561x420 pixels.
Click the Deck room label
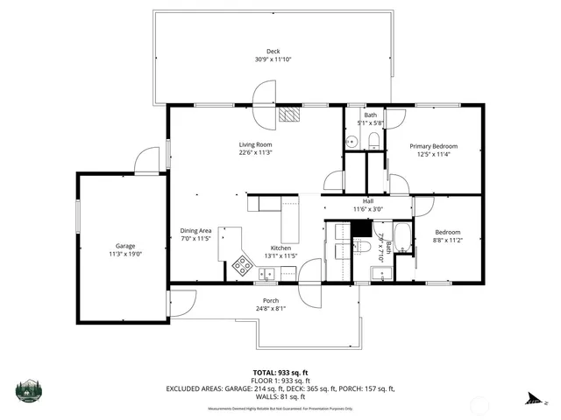click(x=273, y=51)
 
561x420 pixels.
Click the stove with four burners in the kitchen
click(x=243, y=264)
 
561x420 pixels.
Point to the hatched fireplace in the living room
click(x=289, y=114)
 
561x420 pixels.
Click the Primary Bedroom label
click(x=433, y=146)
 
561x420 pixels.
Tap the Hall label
click(x=368, y=200)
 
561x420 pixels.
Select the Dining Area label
click(x=196, y=231)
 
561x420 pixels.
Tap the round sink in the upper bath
click(x=351, y=140)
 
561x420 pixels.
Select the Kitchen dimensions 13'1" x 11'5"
click(x=280, y=255)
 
